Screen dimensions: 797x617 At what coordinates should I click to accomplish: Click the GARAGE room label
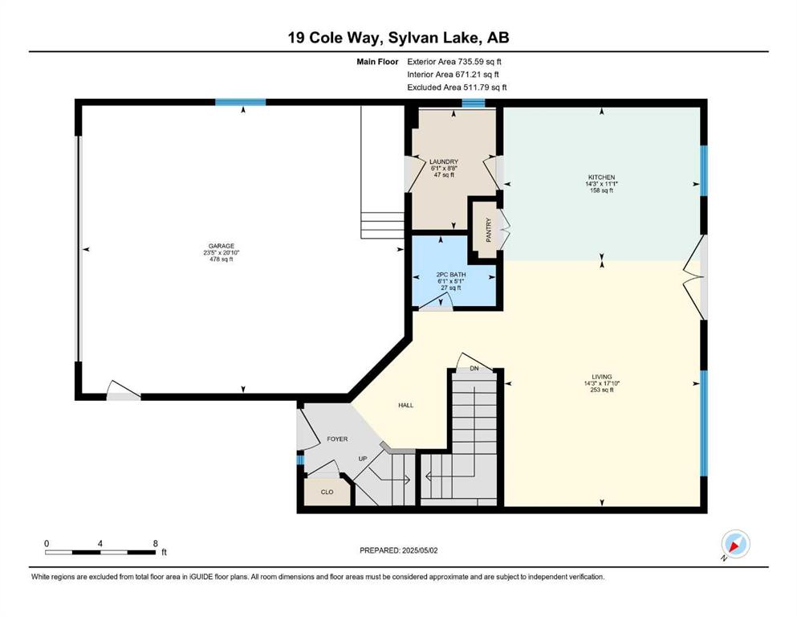[x=221, y=246]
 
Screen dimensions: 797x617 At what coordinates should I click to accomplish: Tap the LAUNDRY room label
[x=444, y=161]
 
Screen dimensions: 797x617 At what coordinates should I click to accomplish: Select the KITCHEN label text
[x=602, y=177]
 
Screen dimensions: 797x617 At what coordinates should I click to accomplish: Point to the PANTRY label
[x=489, y=230]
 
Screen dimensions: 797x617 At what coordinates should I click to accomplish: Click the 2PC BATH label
[x=451, y=274]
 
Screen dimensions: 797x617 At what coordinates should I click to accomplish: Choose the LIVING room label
[x=602, y=377]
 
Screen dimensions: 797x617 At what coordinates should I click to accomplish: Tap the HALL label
[x=405, y=406]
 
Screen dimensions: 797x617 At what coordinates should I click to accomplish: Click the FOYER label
[x=338, y=439]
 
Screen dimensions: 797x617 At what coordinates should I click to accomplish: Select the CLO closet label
[x=327, y=492]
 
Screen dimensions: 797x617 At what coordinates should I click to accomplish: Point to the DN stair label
[x=474, y=368]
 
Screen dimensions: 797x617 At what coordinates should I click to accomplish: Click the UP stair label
[x=363, y=459]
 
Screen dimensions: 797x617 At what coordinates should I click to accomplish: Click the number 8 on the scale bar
[x=156, y=543]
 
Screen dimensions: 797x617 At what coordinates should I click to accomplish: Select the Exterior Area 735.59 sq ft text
[x=454, y=62]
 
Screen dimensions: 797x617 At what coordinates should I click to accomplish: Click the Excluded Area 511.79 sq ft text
[x=457, y=87]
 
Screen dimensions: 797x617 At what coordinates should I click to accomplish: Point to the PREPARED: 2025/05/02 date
[x=398, y=550]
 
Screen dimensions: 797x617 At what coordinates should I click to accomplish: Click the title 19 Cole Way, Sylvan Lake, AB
[x=398, y=38]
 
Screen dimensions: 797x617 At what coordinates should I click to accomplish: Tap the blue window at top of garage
[x=241, y=102]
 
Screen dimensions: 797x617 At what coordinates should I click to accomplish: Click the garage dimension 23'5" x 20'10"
[x=221, y=252]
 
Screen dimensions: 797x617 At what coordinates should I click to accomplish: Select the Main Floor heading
[x=377, y=62]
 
